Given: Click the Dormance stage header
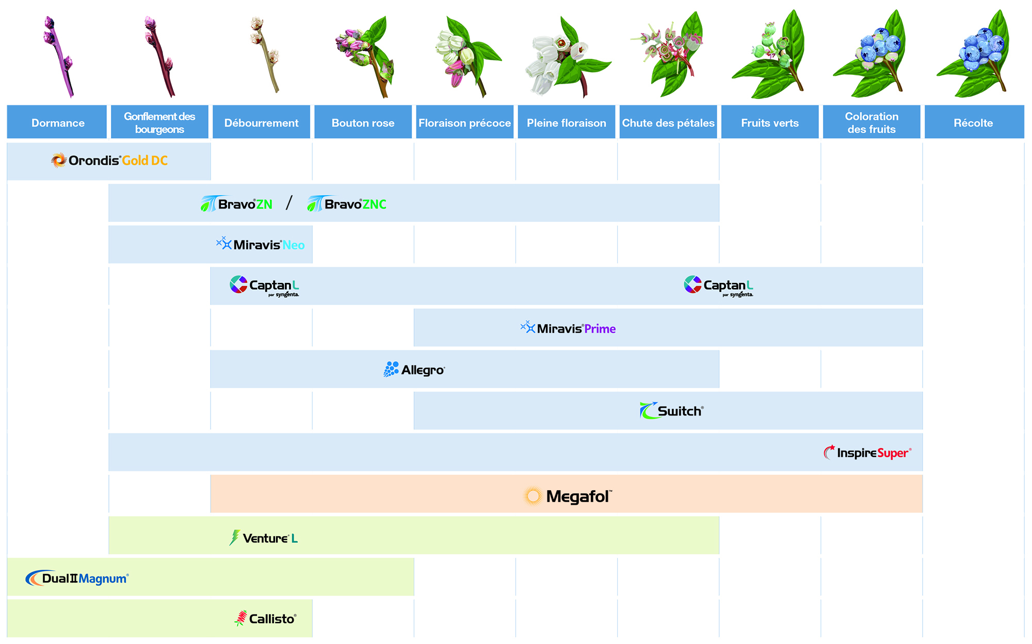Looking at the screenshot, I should coord(57,123).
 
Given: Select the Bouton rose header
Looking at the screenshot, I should coord(363,123).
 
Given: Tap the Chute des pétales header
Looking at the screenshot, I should coord(668,123).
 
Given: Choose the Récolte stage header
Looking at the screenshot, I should coord(973,123).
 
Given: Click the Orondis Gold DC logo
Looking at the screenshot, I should coord(109,160).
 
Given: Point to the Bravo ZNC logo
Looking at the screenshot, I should coord(347,204).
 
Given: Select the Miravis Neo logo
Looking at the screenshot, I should coord(261,244).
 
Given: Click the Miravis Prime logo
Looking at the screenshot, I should coord(568,328).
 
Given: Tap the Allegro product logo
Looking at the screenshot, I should coord(414,369).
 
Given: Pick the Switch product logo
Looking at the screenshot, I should coord(671,411).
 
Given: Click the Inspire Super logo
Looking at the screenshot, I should coord(867,453).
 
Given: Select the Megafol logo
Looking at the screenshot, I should coord(568,496).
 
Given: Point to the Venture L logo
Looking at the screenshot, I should coord(264,538).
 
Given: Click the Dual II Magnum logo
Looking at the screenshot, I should coord(77,578).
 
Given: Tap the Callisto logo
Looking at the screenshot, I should coord(265,618).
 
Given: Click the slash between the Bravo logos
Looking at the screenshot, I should coord(289,203).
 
